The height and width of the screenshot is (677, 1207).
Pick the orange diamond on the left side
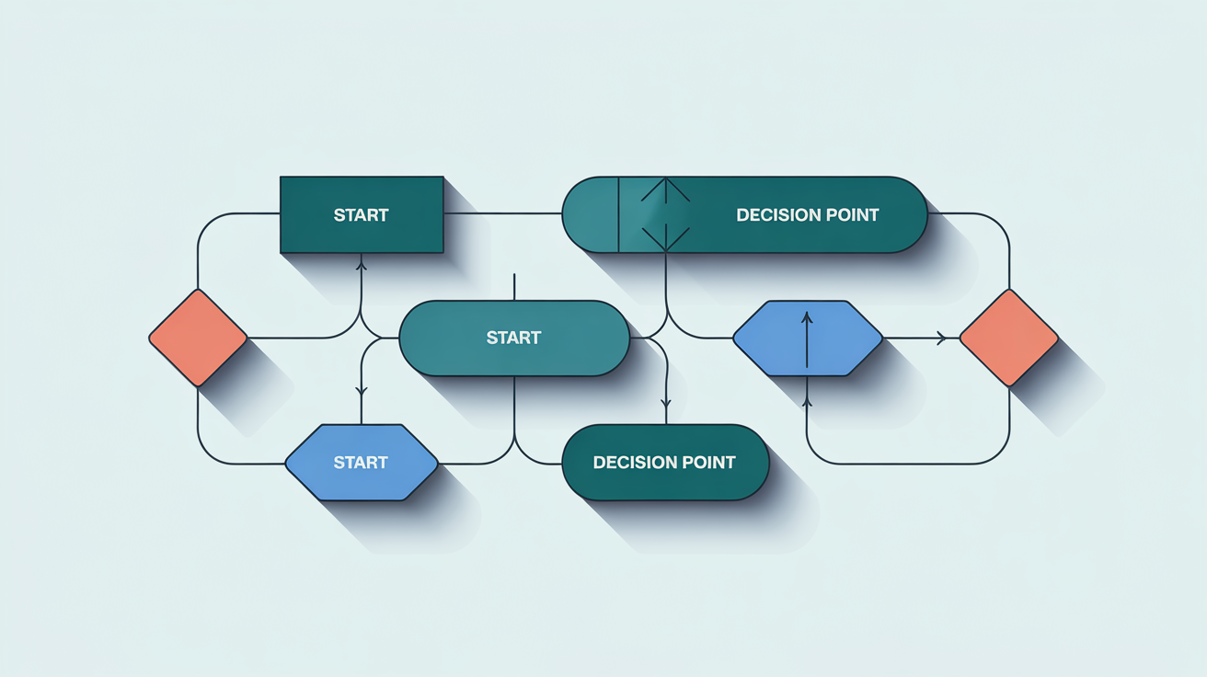(198, 338)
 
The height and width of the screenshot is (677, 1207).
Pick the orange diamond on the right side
(1009, 338)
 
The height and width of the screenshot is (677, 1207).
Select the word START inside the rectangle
(361, 215)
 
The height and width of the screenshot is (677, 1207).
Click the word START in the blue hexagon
(361, 462)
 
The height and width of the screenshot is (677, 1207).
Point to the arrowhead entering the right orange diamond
(941, 338)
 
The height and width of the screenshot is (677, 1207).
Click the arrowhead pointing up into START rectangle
(361, 264)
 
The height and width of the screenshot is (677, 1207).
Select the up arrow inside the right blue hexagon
(807, 318)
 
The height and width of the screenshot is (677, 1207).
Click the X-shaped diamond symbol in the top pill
(665, 215)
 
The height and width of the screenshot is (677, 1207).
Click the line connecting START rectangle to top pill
(502, 213)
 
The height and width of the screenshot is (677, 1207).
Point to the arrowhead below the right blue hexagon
(807, 401)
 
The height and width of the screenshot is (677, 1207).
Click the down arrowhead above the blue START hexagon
(361, 392)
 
